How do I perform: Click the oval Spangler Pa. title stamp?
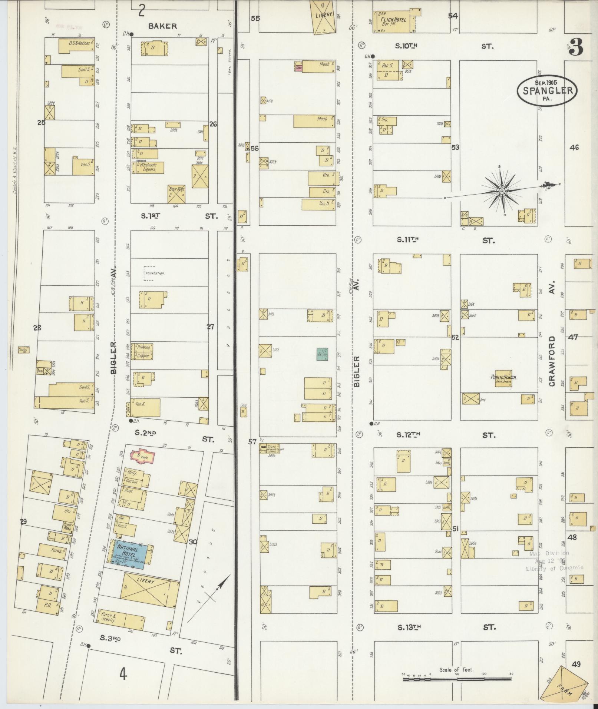tap(547, 90)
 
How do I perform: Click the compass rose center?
tap(501, 191)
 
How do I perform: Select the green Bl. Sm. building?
tap(321, 354)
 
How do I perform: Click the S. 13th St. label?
tap(409, 627)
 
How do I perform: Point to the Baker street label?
tap(162, 26)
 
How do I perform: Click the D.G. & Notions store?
tap(77, 46)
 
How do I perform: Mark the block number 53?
tap(455, 147)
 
